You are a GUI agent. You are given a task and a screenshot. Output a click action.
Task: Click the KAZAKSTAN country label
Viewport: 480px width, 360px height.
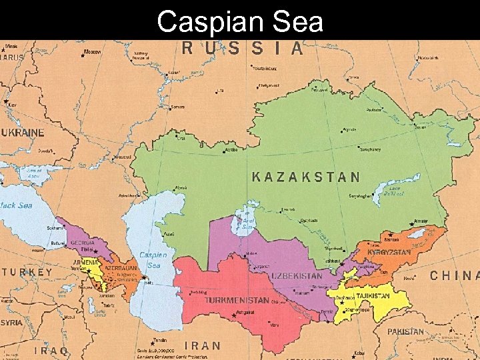point(306,177)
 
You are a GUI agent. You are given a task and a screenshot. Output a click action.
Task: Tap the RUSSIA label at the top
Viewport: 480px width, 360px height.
point(243,48)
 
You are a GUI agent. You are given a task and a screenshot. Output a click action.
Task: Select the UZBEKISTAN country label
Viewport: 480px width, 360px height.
point(297,275)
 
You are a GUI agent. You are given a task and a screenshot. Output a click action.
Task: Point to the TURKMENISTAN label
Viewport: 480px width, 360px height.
point(237,301)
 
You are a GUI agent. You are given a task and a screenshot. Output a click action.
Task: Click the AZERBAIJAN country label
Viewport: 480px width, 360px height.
point(120,268)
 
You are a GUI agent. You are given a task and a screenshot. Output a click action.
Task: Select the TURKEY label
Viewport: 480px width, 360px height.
point(27,273)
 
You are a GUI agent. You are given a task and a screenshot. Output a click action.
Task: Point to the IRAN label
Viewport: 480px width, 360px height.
point(201,345)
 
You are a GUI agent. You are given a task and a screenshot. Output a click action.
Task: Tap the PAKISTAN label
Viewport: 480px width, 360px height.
point(405,331)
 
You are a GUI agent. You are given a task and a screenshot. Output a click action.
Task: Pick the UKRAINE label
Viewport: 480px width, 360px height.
point(23,133)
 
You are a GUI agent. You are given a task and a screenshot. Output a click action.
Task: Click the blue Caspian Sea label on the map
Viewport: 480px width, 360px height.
point(153,260)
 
